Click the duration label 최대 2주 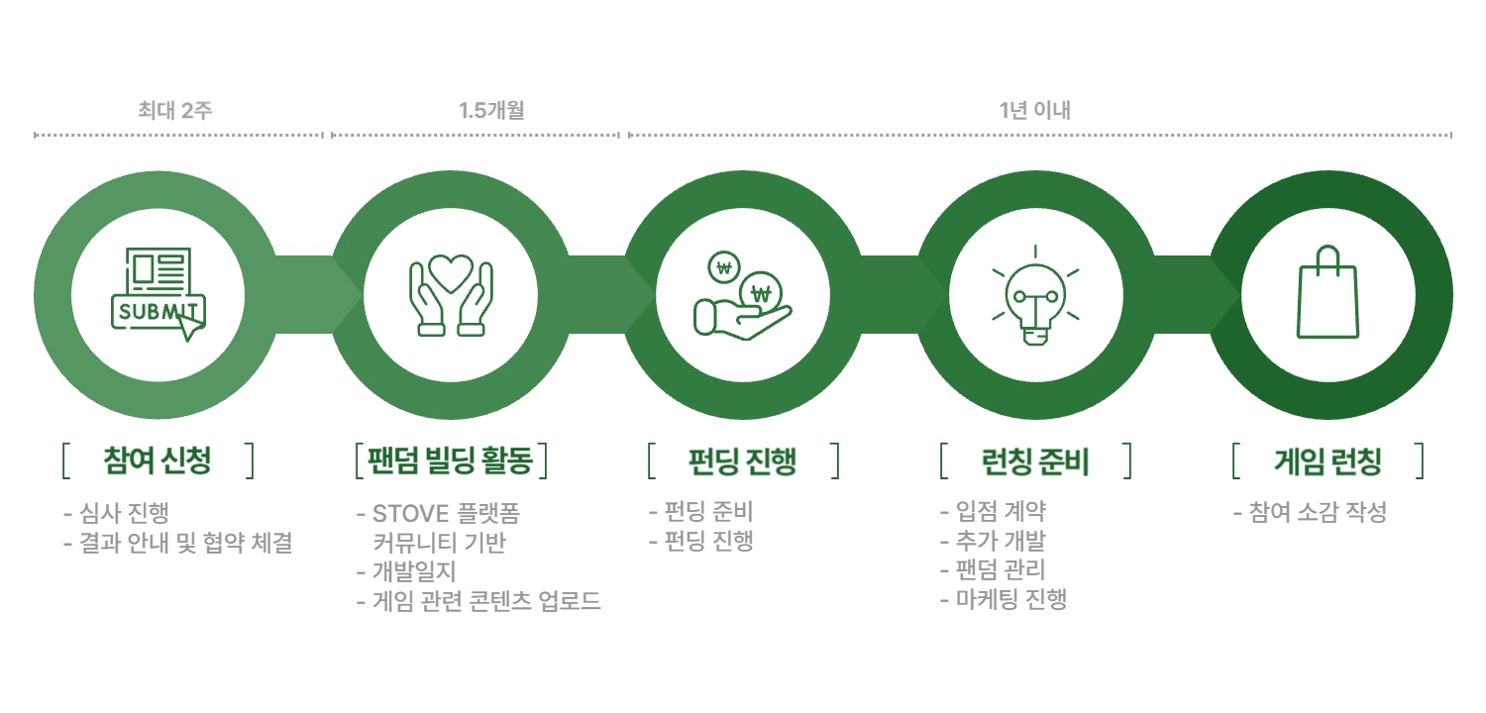[175, 110]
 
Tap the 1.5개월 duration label [491, 110]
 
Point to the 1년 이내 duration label [1035, 110]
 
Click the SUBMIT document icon [158, 294]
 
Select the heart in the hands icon [451, 294]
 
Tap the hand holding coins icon [742, 296]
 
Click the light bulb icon [1035, 296]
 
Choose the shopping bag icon [1328, 292]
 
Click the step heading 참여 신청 [158, 460]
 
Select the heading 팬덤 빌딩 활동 [451, 460]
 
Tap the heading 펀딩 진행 [742, 460]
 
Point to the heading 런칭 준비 [1035, 460]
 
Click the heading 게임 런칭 [1328, 460]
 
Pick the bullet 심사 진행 [124, 513]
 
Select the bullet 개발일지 [414, 571]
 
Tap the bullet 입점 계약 [1001, 511]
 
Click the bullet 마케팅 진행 [1011, 599]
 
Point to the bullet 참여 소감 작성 [1319, 512]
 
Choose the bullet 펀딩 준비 [708, 511]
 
